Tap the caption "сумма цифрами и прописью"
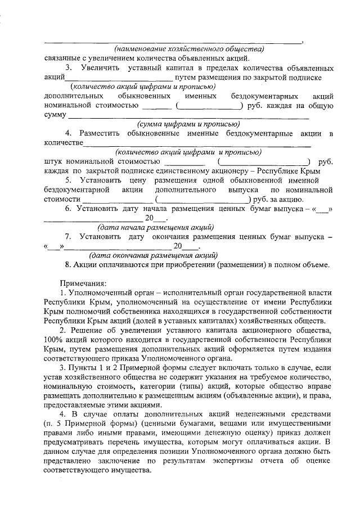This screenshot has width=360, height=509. tap(188, 124)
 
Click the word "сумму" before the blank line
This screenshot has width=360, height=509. tap(55, 115)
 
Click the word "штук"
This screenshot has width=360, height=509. tap(53, 161)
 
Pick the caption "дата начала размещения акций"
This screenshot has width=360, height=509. tap(155, 228)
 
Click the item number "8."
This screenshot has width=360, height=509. tap(68, 265)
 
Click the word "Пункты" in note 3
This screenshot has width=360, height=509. tap(88, 367)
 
